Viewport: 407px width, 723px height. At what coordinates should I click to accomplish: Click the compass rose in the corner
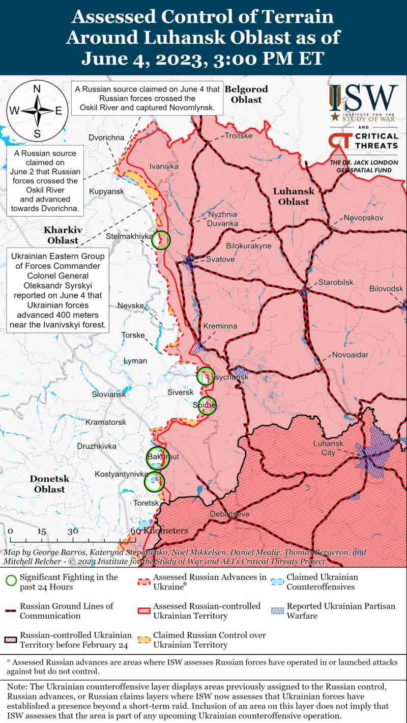coord(37,110)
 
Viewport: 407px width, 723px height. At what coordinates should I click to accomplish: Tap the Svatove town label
coord(220,260)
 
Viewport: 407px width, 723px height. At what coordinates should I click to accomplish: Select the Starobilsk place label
coord(336,283)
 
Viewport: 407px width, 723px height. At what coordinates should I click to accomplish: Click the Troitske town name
coord(239,136)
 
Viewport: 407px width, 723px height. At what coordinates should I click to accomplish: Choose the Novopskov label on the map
coord(363,218)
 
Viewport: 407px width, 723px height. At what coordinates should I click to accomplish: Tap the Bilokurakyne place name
coord(249,246)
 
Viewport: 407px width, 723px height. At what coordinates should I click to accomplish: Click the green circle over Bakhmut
coord(157,457)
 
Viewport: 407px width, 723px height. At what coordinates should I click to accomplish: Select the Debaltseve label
coord(230,514)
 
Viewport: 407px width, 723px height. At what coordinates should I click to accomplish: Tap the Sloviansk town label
coord(109,395)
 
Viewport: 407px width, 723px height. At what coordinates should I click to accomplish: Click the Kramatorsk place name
coord(106,423)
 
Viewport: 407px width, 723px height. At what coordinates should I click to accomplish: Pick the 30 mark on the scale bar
coord(73,531)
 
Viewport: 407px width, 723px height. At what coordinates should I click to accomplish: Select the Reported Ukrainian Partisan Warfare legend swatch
coord(277,610)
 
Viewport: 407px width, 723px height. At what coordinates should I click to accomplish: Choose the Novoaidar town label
coord(350,355)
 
